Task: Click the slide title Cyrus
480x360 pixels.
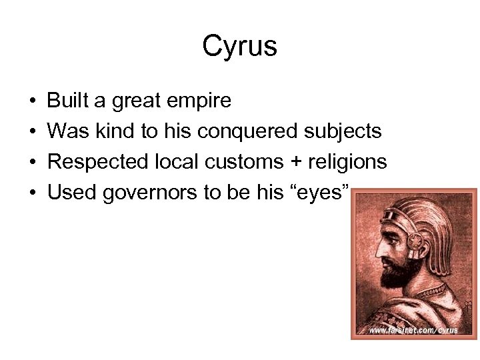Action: [x=239, y=46]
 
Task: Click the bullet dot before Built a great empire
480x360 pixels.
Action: [x=32, y=101]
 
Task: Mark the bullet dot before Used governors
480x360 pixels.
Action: [x=32, y=193]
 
